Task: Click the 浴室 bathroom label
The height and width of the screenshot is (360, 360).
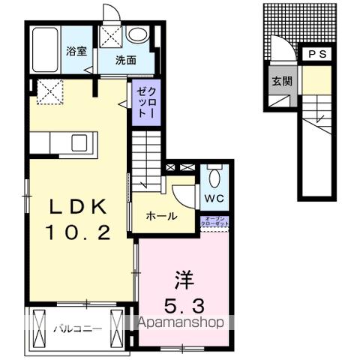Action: point(75,52)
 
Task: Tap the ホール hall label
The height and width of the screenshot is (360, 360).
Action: point(161,217)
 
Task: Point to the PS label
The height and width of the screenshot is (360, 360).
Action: point(316,55)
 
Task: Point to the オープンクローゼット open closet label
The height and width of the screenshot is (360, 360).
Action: point(215,222)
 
